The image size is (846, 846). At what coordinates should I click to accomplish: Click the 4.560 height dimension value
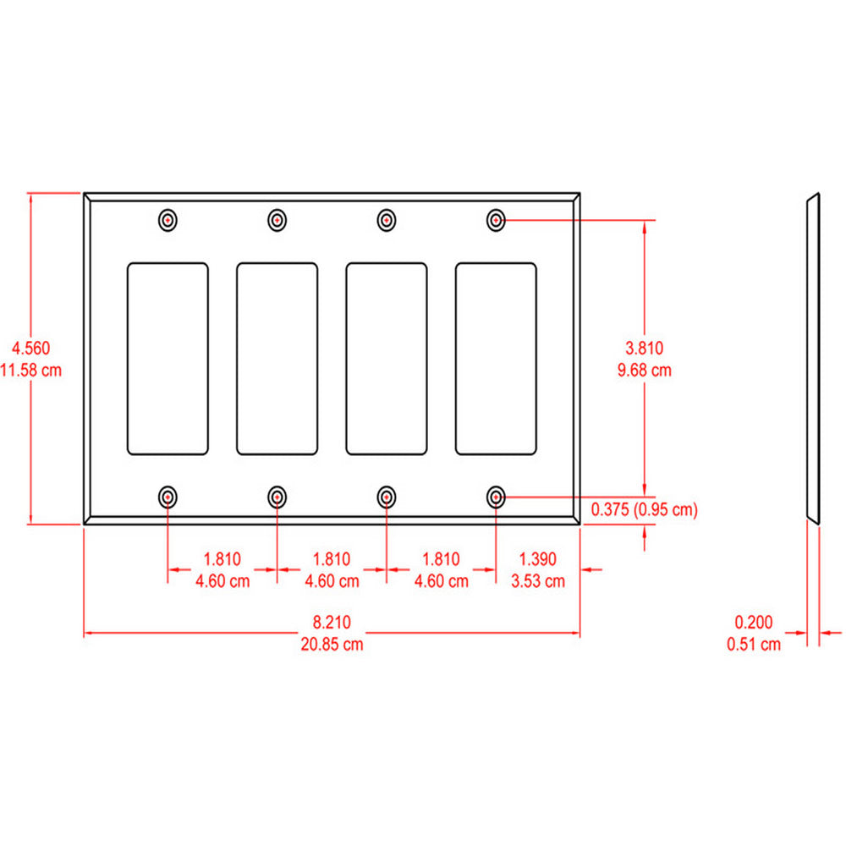point(30,347)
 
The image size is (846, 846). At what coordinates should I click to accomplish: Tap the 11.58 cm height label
point(31,370)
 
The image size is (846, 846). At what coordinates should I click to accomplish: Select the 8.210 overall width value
point(332,622)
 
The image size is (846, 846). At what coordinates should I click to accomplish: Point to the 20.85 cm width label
point(332,644)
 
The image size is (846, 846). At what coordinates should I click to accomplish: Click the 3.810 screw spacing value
point(645,347)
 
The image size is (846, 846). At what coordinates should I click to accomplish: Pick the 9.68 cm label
point(645,370)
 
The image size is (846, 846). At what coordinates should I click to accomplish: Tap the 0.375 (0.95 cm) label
point(645,509)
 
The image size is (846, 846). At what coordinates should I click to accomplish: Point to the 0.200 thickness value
point(754,622)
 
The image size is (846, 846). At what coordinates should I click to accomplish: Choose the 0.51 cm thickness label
point(754,644)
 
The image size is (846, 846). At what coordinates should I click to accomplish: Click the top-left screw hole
point(168,220)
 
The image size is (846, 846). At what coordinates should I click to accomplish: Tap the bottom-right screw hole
point(497,497)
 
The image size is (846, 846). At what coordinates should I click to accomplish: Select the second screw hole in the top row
point(277,220)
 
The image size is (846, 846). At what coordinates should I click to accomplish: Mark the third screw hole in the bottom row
point(387,497)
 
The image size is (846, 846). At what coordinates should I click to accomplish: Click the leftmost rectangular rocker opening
point(168,359)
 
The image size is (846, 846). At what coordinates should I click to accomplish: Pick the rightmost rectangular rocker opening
point(496,359)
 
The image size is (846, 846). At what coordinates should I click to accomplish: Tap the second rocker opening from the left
point(277,359)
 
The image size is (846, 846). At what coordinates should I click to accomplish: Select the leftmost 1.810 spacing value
point(222,558)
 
